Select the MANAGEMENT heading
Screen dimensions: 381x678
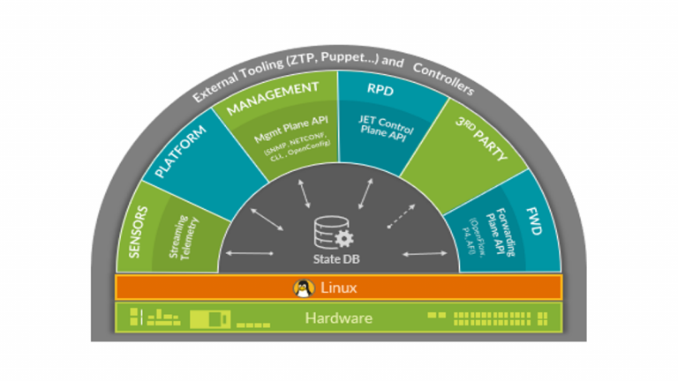273,99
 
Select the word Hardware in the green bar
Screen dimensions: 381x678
338,317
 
